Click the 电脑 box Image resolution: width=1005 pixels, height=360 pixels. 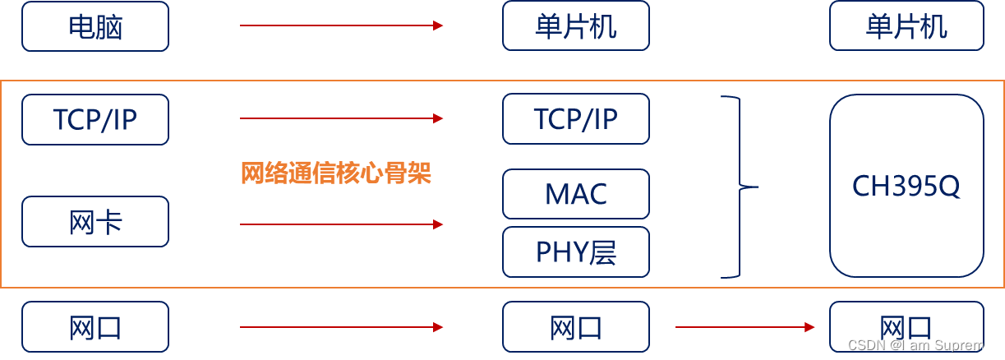95,26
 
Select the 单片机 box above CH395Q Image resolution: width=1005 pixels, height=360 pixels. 906,26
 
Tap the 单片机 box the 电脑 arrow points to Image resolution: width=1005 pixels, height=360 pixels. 575,26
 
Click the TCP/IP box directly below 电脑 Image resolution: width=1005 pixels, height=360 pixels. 95,120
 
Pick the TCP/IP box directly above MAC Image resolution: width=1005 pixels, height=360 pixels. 575,119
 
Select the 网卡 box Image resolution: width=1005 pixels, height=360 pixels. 95,222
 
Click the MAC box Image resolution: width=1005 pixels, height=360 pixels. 575,194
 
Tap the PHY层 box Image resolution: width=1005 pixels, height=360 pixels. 575,252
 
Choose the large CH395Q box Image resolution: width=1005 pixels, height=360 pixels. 906,186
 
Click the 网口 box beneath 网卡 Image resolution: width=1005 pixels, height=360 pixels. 95,327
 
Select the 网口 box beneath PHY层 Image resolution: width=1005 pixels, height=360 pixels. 575,327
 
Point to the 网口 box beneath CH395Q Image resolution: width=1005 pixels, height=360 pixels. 906,325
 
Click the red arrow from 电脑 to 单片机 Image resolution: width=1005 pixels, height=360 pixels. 341,25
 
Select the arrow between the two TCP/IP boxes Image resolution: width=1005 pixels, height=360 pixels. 341,118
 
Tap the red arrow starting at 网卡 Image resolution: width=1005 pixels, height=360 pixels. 341,224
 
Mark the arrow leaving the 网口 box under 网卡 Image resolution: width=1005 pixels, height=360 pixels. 341,327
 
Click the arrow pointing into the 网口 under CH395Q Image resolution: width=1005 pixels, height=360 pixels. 745,327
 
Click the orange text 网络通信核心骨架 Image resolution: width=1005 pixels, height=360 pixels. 335,173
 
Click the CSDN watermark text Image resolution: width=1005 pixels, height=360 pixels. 920,345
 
